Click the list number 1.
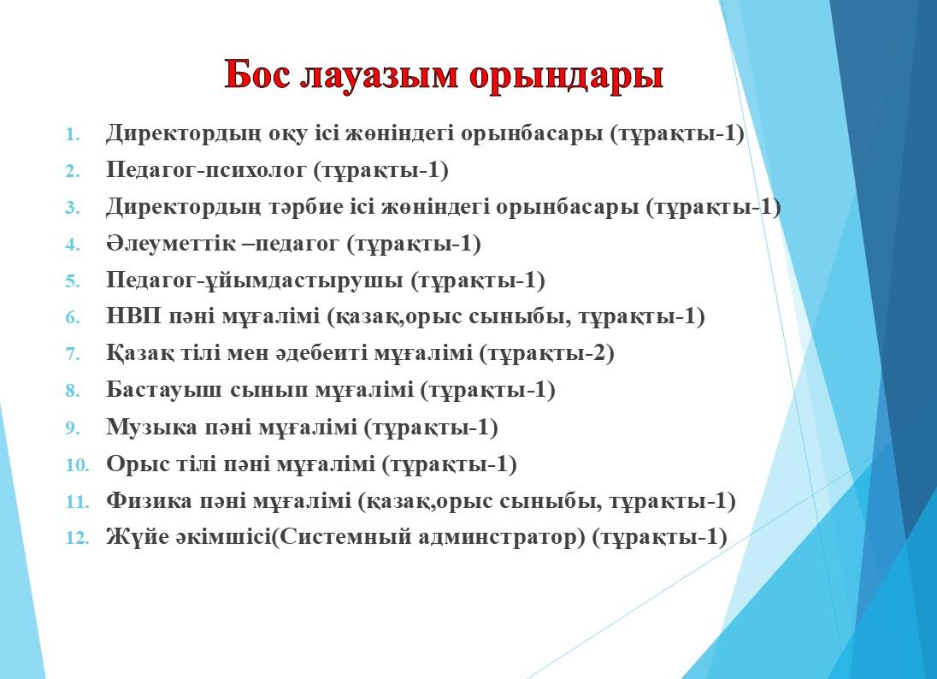click(73, 134)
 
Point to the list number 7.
click(73, 354)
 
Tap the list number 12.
click(77, 538)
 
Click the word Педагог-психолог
click(206, 170)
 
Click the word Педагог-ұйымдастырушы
click(255, 280)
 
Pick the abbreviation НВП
click(134, 316)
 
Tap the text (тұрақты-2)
click(547, 354)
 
